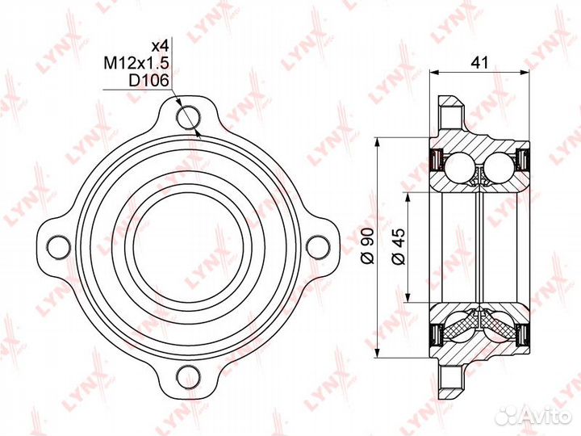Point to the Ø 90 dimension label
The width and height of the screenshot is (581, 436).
click(x=367, y=245)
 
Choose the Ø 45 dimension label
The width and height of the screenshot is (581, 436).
click(x=397, y=245)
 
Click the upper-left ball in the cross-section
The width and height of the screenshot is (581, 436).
click(x=461, y=166)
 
